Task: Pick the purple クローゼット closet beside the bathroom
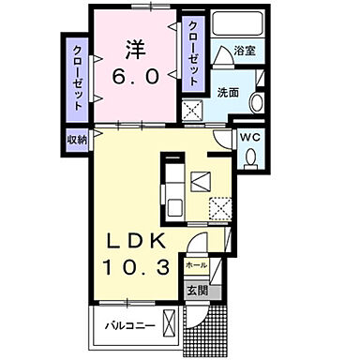193,53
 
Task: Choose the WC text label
250,137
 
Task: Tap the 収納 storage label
77,139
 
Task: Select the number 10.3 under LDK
139,268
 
